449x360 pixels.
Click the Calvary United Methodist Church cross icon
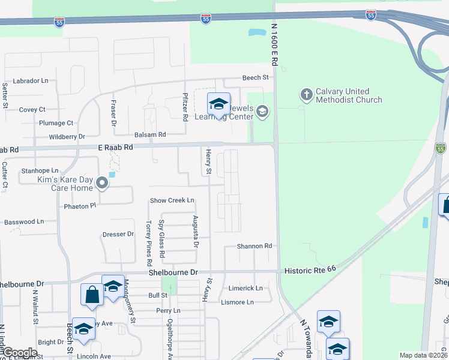pyautogui.click(x=306, y=95)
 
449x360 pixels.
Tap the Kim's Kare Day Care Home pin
pyautogui.click(x=102, y=184)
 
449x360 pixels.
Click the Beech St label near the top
pyautogui.click(x=255, y=77)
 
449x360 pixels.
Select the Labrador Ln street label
pyautogui.click(x=31, y=80)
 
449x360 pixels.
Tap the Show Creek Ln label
pyautogui.click(x=172, y=200)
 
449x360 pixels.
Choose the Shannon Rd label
pyautogui.click(x=255, y=246)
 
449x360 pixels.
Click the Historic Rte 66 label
pyautogui.click(x=310, y=271)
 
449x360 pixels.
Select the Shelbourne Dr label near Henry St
pyautogui.click(x=173, y=272)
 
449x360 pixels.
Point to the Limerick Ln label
pyautogui.click(x=246, y=288)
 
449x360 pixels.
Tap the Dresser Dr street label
pyautogui.click(x=118, y=235)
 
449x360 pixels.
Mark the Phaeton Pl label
pyautogui.click(x=80, y=206)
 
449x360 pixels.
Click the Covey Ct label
pyautogui.click(x=32, y=110)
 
